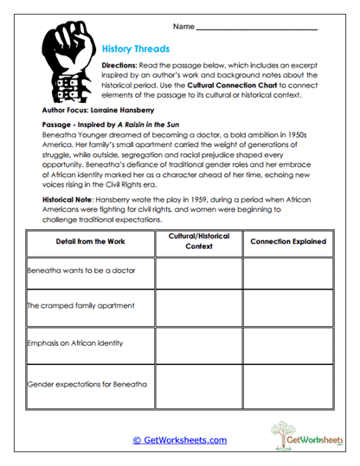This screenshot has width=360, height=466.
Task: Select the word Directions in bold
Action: pyautogui.click(x=124, y=66)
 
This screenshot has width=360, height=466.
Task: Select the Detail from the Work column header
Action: pyautogui.click(x=91, y=242)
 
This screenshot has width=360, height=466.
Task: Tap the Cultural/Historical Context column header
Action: pyautogui.click(x=198, y=242)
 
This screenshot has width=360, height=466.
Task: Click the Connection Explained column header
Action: pyautogui.click(x=288, y=242)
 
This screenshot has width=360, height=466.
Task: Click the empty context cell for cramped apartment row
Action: pyautogui.click(x=198, y=307)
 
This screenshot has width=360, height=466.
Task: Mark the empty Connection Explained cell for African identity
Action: pyautogui.click(x=288, y=345)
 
